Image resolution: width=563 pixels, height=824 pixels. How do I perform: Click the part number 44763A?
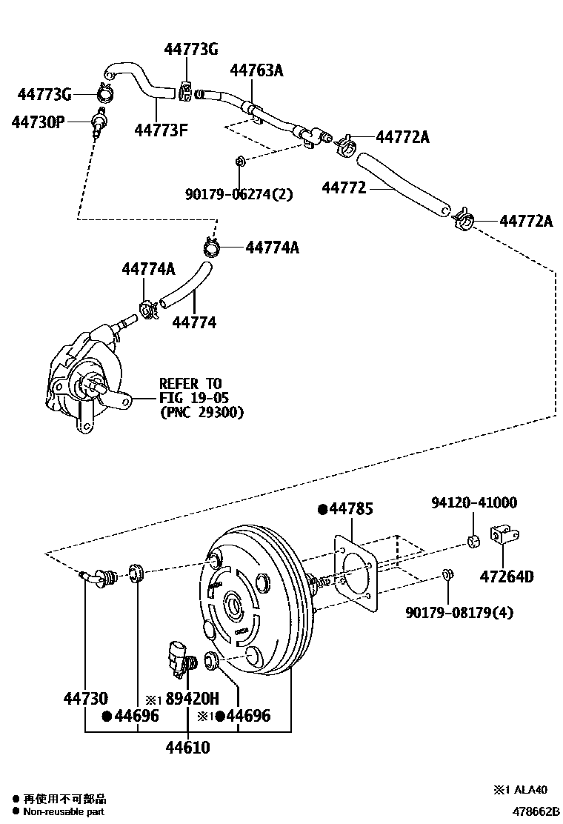click(256, 71)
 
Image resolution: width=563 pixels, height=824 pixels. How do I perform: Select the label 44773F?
click(161, 130)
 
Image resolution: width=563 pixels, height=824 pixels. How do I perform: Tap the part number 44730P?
click(38, 121)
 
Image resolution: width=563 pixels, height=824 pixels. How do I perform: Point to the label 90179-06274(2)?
click(239, 195)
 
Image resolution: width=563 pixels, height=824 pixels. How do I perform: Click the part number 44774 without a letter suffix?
click(194, 322)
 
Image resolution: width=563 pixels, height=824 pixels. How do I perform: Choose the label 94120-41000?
click(474, 503)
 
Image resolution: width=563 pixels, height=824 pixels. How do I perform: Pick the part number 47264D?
click(507, 577)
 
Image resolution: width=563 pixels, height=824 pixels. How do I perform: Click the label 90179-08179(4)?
click(459, 612)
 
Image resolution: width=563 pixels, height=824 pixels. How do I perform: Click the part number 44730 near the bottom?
click(85, 698)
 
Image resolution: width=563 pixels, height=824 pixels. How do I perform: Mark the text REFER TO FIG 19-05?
click(191, 391)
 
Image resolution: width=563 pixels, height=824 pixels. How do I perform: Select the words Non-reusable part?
click(63, 812)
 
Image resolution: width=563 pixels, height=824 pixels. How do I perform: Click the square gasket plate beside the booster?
click(355, 571)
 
